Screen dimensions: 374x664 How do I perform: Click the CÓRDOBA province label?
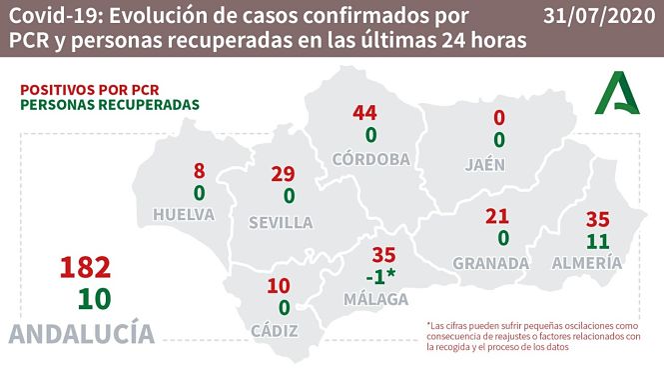coord(370,159)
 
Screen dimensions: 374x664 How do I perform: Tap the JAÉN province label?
coord(498,164)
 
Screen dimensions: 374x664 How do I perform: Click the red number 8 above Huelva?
coord(200,171)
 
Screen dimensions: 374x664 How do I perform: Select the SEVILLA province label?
coord(283,221)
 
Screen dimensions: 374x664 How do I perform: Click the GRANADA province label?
coord(490,263)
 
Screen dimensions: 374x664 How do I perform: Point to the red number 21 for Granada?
coord(497,217)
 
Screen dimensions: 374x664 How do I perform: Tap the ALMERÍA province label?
coord(587,263)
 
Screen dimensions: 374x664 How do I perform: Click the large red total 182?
coord(84,268)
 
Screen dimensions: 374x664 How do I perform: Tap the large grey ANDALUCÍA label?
coord(84,333)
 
